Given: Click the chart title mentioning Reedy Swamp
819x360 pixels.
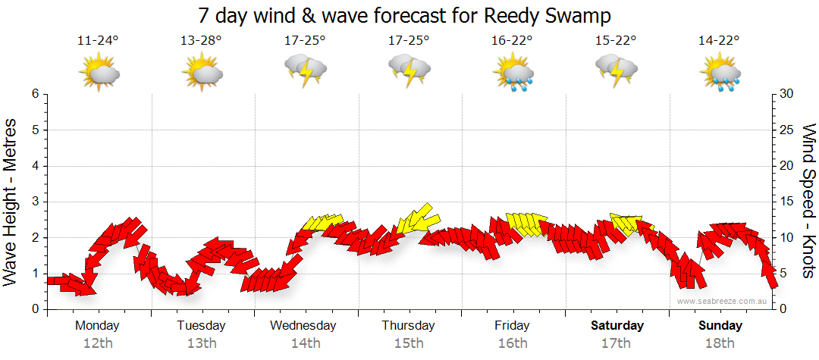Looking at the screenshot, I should (x=404, y=15).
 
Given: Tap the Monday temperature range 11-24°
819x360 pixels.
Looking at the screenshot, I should (x=99, y=40).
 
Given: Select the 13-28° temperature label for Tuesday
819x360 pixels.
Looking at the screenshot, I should (x=202, y=40).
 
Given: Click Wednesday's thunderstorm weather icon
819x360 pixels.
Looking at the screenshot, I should (x=306, y=70).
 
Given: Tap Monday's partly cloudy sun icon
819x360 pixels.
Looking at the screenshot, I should (x=99, y=73).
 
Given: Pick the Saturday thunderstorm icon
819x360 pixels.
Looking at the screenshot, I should (x=617, y=70).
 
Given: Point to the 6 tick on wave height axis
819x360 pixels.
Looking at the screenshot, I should (x=34, y=94).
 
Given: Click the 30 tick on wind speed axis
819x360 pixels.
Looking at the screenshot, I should (x=787, y=94).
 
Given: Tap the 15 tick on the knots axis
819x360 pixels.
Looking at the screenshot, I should (x=787, y=202).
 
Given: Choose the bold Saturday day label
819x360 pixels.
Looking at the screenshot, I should (x=617, y=326).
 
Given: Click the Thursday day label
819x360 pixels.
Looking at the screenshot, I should (x=408, y=326).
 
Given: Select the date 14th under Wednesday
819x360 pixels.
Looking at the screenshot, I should (x=305, y=343).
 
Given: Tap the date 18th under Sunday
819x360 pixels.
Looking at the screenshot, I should (x=720, y=343).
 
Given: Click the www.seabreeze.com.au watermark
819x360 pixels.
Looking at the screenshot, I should (x=723, y=301).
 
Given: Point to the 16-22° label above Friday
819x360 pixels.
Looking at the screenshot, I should (x=513, y=40).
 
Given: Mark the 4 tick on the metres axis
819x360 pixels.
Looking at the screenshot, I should (x=34, y=166).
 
